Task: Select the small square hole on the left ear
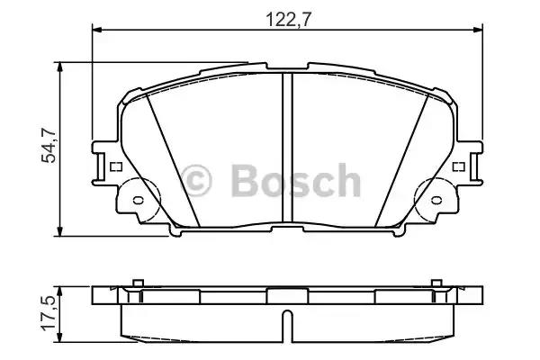coord(114,166)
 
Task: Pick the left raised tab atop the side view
coord(138,283)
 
